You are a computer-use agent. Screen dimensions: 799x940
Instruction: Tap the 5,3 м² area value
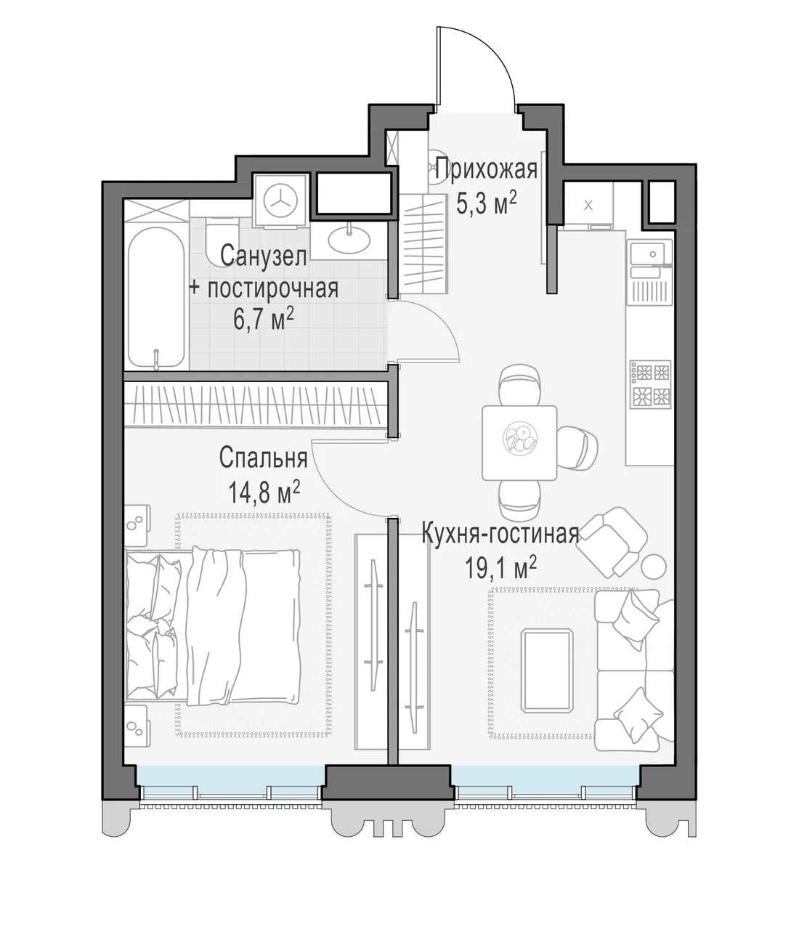pos(487,203)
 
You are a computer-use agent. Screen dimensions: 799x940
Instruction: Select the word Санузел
pos(264,256)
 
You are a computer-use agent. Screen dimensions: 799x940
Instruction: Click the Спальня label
pos(263,458)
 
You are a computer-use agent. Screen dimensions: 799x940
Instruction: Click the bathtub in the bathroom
pos(156,298)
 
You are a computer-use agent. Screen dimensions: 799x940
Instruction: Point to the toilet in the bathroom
pos(222,241)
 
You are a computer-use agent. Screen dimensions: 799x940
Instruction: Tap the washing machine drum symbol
pos(281,200)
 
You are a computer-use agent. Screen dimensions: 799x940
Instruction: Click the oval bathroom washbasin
pos(349,240)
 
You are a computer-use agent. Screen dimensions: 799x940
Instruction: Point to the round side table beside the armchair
pos(654,567)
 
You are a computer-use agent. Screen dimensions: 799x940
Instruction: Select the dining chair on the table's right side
pos(577,448)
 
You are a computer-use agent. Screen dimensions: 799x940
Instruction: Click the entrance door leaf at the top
pos(439,70)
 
